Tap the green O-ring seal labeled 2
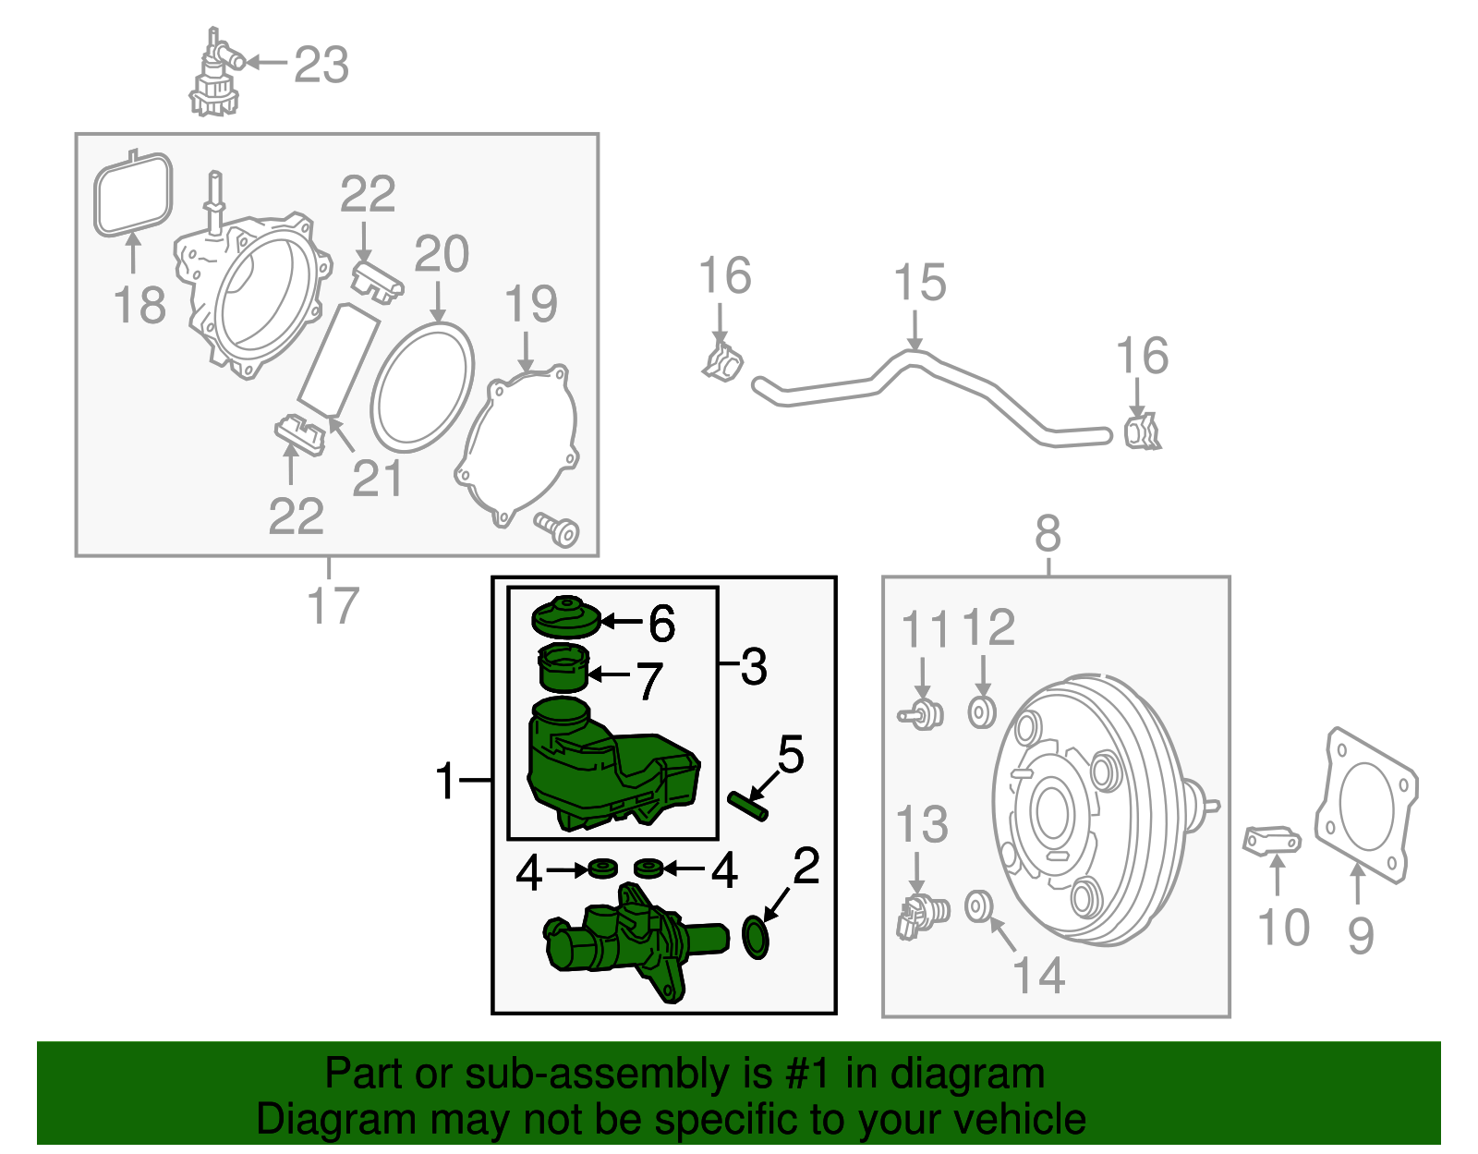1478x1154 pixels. coord(756,937)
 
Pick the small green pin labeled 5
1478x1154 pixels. coord(747,806)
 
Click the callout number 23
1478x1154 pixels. coord(321,65)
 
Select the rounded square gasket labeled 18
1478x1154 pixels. coord(133,195)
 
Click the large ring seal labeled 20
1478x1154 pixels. coord(422,388)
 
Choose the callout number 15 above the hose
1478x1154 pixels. coord(920,283)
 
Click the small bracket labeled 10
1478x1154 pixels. coord(1271,841)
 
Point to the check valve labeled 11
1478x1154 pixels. coord(922,714)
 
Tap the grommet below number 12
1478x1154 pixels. coord(981,712)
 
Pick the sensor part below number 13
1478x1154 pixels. coord(920,916)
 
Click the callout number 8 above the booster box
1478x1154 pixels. coord(1048,534)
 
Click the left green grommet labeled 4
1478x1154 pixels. coord(602,869)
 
